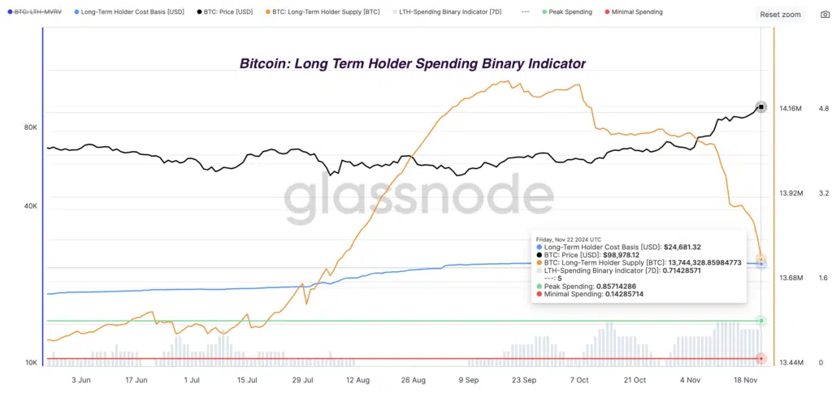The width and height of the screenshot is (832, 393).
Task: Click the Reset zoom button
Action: (780, 15)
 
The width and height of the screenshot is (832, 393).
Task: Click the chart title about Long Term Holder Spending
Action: (412, 63)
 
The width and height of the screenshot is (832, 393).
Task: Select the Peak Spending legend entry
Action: (569, 12)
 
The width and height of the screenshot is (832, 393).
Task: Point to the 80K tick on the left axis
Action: (31, 127)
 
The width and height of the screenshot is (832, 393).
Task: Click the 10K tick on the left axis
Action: (31, 362)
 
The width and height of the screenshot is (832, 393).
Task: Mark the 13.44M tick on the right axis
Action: (791, 363)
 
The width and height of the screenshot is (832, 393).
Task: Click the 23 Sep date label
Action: (523, 379)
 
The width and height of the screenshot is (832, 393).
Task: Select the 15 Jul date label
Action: (246, 379)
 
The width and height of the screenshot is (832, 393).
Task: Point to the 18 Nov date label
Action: (747, 379)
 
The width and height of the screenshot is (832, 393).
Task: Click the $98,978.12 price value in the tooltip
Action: (616, 254)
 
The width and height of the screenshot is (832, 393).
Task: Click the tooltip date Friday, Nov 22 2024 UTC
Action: (569, 239)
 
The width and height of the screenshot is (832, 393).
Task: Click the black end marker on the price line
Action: (761, 107)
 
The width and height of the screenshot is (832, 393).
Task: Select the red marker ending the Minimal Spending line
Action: (761, 358)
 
